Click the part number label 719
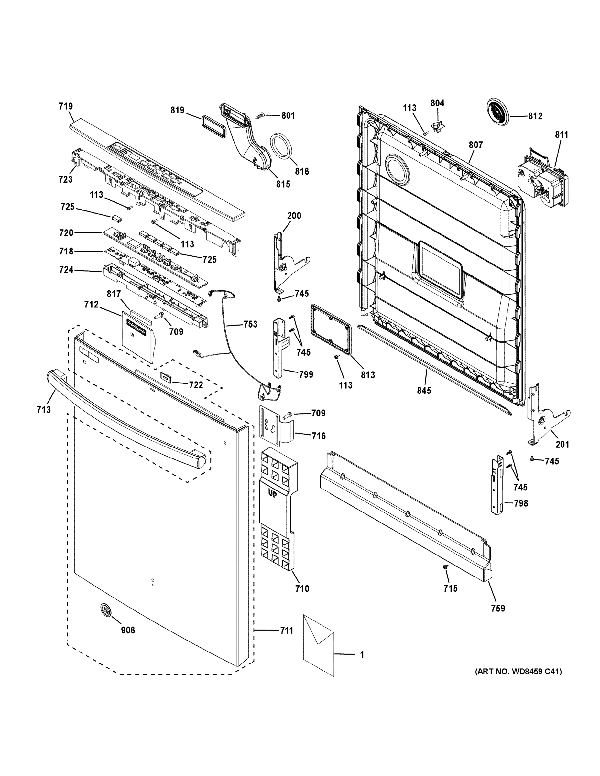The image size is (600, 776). tap(66, 106)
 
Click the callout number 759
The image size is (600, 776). tap(498, 608)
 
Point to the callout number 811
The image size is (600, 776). tap(562, 135)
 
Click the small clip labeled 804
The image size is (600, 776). tap(438, 126)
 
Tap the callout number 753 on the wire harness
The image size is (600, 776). tap(250, 324)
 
